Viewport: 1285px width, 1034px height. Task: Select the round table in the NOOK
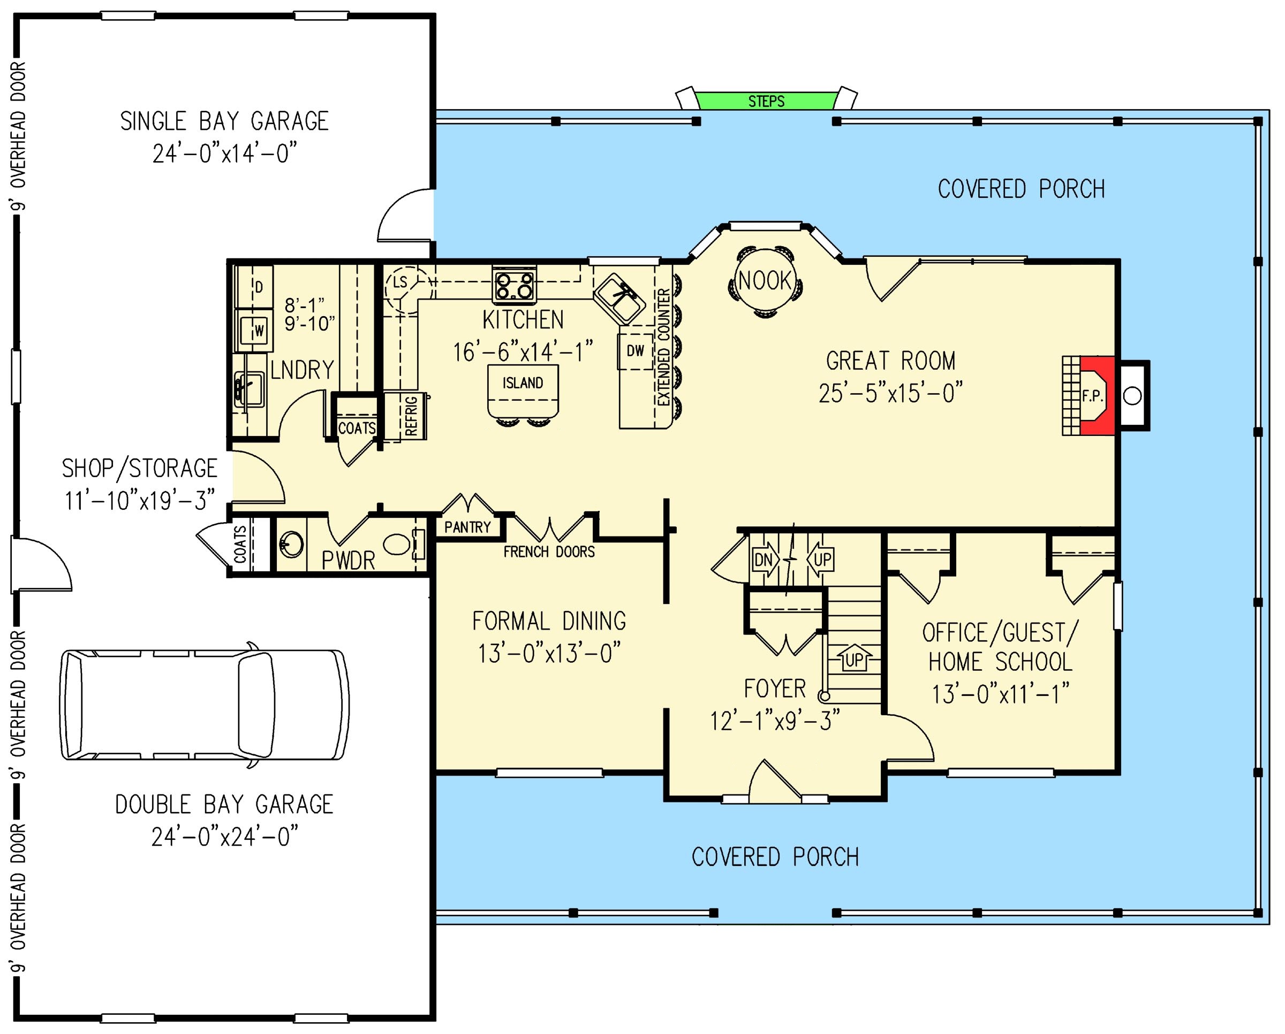pos(765,280)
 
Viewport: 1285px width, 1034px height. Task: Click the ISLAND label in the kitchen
pos(523,383)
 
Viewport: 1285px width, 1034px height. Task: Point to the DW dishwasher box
pos(636,351)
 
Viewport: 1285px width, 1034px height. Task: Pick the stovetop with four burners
pos(515,285)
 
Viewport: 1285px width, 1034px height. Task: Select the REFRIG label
pos(411,416)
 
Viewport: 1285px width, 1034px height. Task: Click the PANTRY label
pos(467,527)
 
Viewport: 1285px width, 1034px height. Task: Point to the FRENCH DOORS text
pos(549,552)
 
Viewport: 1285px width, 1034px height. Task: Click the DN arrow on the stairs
pos(765,560)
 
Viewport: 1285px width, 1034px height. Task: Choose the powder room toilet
pos(400,544)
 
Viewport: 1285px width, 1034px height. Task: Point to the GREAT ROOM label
pos(890,361)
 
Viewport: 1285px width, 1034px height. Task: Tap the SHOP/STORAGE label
pos(139,469)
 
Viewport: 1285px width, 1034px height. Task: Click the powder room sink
pos(291,545)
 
